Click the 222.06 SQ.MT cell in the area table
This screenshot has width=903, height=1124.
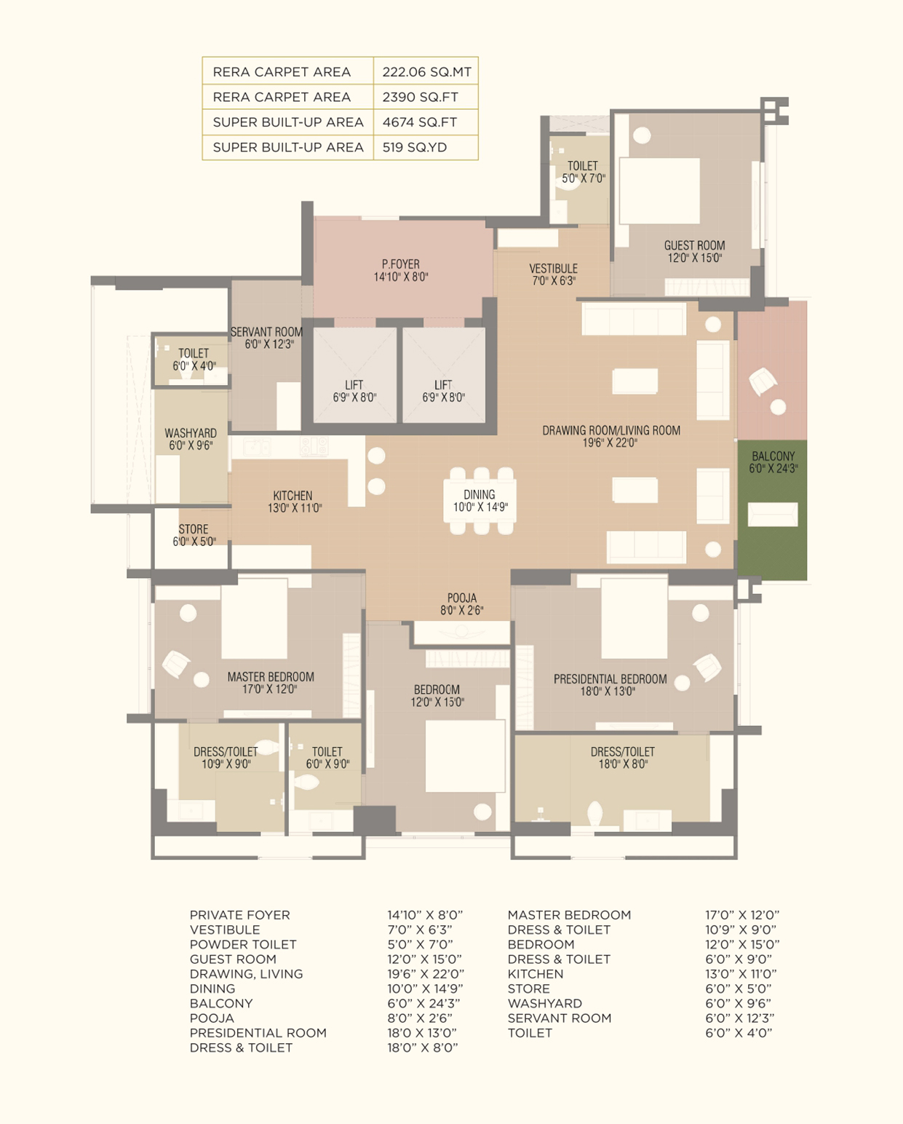(426, 72)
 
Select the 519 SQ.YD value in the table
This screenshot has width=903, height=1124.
(415, 147)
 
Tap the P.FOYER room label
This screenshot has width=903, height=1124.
(401, 264)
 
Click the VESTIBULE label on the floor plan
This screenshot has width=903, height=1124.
(554, 269)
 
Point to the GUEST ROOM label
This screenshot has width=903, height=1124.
(695, 245)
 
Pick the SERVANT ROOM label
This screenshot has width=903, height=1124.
(266, 332)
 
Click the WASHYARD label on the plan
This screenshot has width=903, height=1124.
(191, 433)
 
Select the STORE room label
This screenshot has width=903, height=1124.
(194, 529)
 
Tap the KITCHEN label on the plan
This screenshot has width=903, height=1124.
(293, 495)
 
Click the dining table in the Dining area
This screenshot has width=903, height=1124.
(480, 501)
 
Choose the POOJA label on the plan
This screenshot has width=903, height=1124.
(461, 598)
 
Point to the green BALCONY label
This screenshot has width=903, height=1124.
(773, 456)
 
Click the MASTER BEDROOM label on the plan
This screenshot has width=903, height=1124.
(271, 677)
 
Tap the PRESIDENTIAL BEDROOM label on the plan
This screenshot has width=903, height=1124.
(610, 679)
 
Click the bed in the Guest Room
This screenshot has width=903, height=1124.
(659, 191)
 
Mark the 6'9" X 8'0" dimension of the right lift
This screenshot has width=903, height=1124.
(443, 397)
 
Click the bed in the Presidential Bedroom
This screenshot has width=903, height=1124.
(634, 618)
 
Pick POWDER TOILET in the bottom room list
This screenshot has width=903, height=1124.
(243, 944)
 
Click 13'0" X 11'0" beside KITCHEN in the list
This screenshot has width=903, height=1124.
(741, 973)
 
